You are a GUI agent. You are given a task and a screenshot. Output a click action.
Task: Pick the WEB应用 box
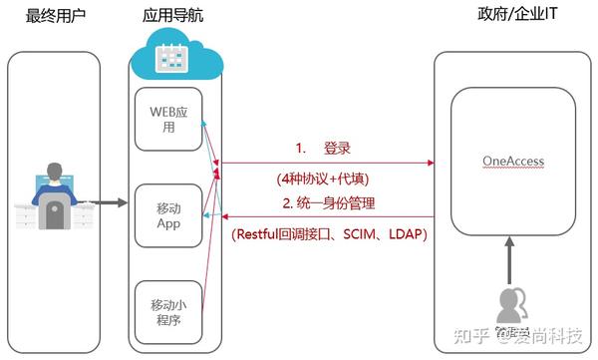point(167,121)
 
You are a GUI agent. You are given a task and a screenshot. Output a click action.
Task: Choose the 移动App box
point(167,215)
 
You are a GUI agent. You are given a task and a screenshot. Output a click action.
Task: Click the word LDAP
point(404,236)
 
